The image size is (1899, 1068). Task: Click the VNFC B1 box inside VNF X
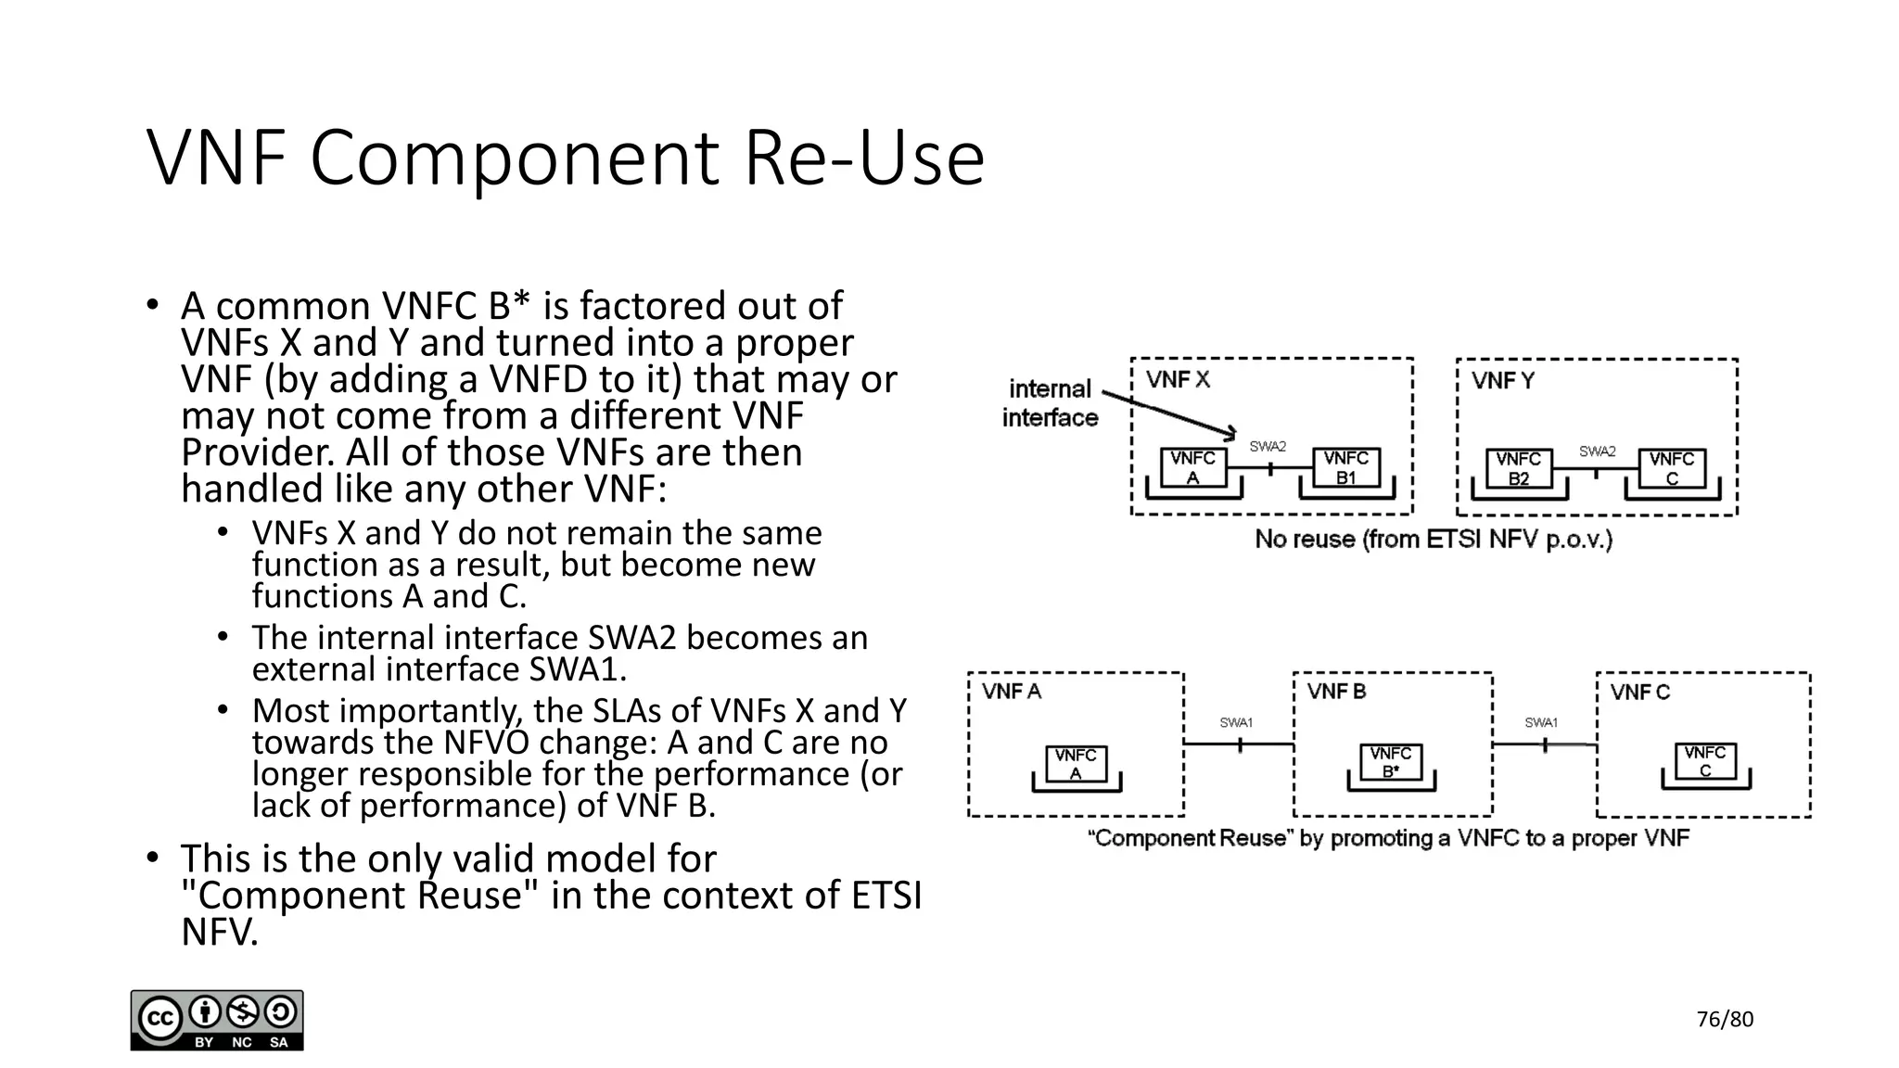pyautogui.click(x=1345, y=467)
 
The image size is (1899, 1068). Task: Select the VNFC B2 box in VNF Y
pyautogui.click(x=1518, y=468)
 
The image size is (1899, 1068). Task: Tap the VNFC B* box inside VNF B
pyautogui.click(x=1390, y=762)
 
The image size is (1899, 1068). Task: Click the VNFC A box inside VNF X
pyautogui.click(x=1192, y=467)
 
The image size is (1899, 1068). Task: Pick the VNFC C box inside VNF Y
pyautogui.click(x=1671, y=468)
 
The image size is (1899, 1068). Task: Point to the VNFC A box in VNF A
pyautogui.click(x=1076, y=764)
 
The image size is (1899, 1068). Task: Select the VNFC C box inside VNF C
pyautogui.click(x=1704, y=761)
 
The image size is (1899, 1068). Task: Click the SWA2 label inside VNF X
pyautogui.click(x=1268, y=446)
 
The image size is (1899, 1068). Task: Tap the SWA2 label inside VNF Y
pyautogui.click(x=1597, y=451)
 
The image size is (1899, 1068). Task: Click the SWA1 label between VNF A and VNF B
pyautogui.click(x=1236, y=722)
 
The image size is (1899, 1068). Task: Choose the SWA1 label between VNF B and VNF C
pyautogui.click(x=1541, y=722)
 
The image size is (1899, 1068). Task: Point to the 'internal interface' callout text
pyautogui.click(x=1050, y=403)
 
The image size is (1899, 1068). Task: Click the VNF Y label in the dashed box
pyautogui.click(x=1502, y=380)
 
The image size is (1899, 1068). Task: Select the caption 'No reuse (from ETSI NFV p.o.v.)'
pyautogui.click(x=1434, y=539)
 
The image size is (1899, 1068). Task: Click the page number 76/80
pyautogui.click(x=1725, y=1020)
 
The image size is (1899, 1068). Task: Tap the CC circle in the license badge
pyautogui.click(x=159, y=1019)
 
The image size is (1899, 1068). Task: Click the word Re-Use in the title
pyautogui.click(x=864, y=158)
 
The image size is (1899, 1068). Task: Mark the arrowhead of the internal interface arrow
pyautogui.click(x=1231, y=433)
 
